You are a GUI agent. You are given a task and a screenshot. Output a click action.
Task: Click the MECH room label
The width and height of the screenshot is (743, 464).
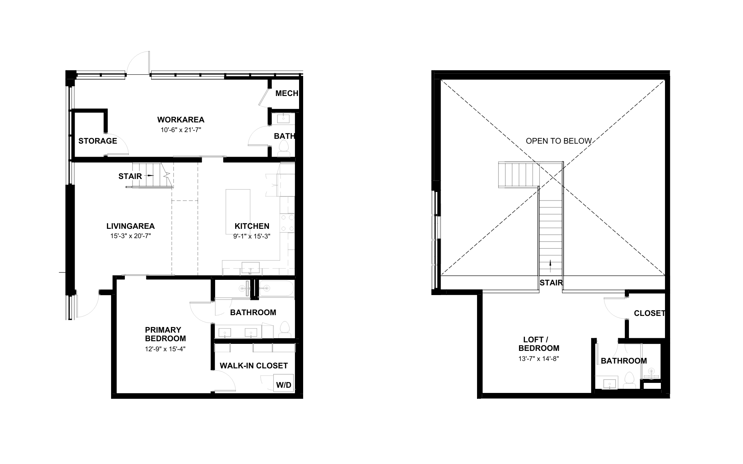click(x=286, y=93)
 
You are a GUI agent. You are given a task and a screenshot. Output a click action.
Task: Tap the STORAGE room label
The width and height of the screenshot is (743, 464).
click(x=98, y=141)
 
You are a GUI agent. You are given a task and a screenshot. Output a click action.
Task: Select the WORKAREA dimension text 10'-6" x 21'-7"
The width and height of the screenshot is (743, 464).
click(x=181, y=130)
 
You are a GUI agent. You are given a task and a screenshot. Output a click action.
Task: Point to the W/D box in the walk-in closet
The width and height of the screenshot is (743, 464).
click(x=284, y=385)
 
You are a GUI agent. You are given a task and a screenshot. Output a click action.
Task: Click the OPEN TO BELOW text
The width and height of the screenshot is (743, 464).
click(x=558, y=141)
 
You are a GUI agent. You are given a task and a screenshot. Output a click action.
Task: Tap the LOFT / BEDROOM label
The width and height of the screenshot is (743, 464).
click(x=539, y=344)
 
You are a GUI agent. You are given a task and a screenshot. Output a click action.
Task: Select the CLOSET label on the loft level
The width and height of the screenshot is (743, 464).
click(x=649, y=313)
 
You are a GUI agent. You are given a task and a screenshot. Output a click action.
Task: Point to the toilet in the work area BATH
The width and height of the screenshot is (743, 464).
click(x=284, y=148)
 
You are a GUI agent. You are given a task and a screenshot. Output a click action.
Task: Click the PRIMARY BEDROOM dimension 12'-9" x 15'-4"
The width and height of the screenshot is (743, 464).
click(x=165, y=349)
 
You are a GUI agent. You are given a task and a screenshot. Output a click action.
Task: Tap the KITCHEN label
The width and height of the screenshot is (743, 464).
click(x=252, y=226)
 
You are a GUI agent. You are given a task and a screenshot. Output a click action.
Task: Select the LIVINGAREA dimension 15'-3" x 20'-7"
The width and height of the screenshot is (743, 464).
click(x=130, y=236)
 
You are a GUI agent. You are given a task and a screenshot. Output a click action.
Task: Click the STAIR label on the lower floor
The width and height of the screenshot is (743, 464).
click(x=130, y=176)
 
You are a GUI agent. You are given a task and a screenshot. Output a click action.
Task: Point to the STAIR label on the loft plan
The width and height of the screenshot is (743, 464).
click(x=551, y=283)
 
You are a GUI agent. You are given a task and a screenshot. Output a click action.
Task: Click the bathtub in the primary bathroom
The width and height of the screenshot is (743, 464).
click(x=276, y=288)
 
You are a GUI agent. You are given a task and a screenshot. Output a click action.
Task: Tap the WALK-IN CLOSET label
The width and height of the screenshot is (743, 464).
click(x=254, y=366)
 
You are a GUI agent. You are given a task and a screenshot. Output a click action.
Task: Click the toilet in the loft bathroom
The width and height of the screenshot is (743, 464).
click(x=629, y=380)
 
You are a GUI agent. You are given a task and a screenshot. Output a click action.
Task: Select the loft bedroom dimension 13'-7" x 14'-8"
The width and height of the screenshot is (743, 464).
click(x=539, y=359)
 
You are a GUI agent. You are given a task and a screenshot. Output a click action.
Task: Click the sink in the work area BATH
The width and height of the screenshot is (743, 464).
click(x=284, y=119)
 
